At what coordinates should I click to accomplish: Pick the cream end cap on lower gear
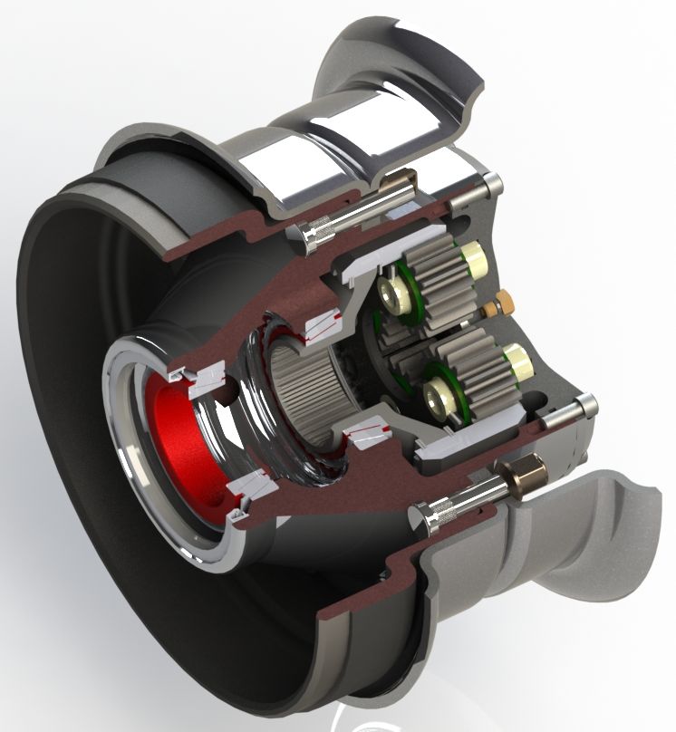(x=517, y=362)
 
